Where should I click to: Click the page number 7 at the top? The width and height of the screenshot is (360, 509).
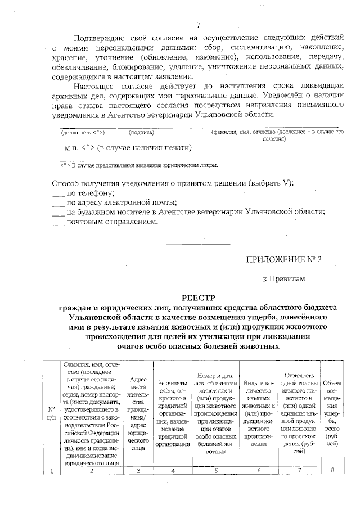[199, 24]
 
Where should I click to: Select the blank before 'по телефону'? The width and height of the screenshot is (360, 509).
[58, 193]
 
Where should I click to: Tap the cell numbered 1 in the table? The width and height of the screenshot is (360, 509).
[51, 471]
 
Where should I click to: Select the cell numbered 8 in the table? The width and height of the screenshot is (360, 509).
[331, 471]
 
